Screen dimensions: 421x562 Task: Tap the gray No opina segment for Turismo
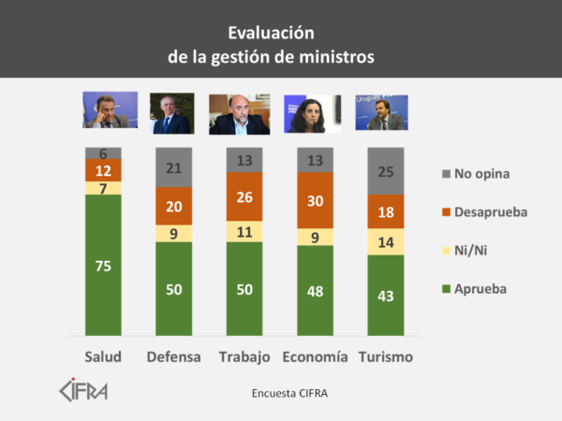[x=386, y=170]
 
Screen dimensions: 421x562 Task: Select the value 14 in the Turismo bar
[x=386, y=241]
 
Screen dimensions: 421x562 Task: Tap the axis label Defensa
[x=174, y=357]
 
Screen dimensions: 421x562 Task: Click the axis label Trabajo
[x=244, y=357]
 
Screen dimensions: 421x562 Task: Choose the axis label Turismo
[x=385, y=357]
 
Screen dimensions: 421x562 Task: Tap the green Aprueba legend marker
[x=446, y=289]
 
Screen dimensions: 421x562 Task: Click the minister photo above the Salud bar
[x=110, y=110]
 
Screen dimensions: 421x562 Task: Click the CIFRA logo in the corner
[x=83, y=388]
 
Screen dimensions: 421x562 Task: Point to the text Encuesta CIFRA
[x=289, y=393]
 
